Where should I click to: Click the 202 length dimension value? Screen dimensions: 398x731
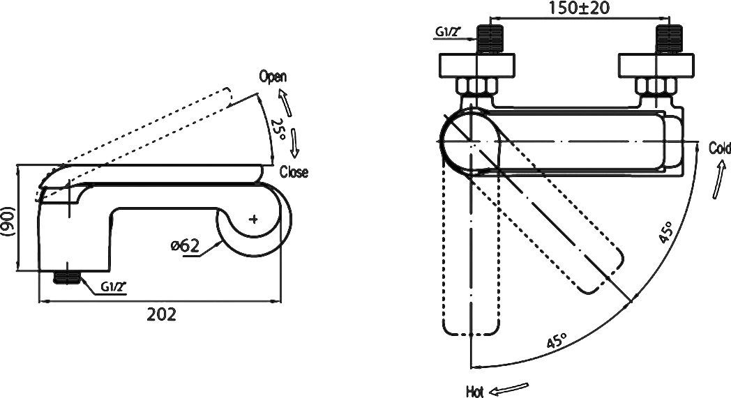click(x=161, y=314)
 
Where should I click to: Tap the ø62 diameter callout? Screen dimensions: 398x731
click(x=186, y=245)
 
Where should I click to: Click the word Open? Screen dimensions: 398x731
click(x=273, y=77)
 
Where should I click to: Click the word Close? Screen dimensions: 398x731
click(x=294, y=171)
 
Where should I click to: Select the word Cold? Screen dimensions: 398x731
click(x=719, y=148)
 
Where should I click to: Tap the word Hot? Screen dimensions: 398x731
click(x=475, y=391)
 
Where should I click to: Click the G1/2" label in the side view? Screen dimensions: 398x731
click(x=112, y=286)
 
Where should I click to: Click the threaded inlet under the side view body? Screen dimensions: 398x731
click(x=67, y=276)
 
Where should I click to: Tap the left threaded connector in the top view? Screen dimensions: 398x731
click(x=491, y=39)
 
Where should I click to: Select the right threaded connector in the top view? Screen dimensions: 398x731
click(x=667, y=39)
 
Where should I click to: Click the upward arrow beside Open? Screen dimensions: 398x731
click(x=283, y=100)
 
